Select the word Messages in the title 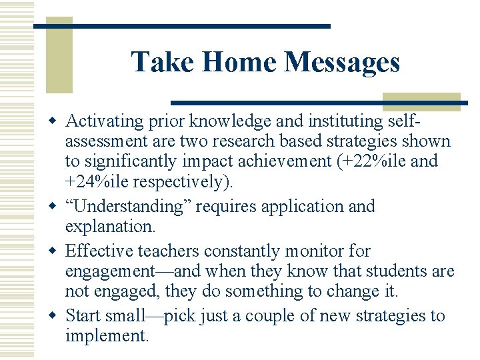pos(342,62)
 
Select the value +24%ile pos(97,181)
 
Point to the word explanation pos(109,226)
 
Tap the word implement pos(106,335)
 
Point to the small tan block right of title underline pos(421,101)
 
